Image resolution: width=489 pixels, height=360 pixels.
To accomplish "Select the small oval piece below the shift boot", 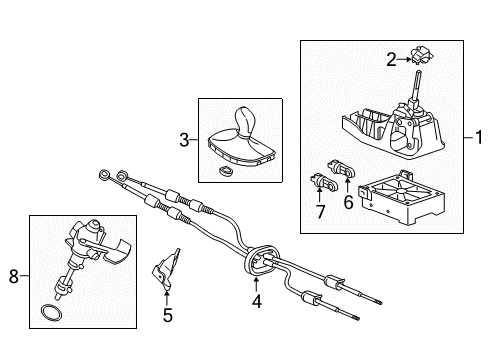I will (225, 173).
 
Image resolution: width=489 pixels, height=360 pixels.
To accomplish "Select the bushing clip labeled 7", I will (321, 183).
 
